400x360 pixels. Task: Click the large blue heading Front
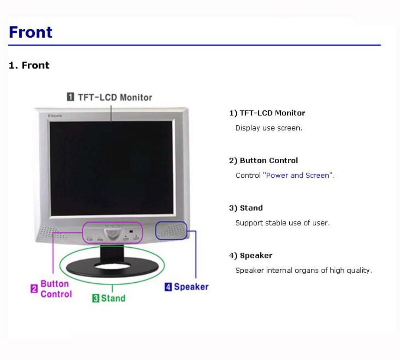point(31,32)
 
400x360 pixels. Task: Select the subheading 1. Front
point(29,65)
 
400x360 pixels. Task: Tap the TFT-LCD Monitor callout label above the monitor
point(115,97)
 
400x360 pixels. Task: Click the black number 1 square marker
point(70,97)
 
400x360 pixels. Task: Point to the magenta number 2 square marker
point(34,289)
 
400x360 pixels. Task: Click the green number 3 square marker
point(96,298)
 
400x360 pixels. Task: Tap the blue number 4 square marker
point(168,287)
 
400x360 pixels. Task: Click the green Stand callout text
point(113,298)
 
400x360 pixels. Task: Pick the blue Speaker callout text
point(191,287)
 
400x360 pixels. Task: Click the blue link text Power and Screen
point(298,175)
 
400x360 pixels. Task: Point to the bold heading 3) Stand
point(246,208)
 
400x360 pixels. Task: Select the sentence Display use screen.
point(269,128)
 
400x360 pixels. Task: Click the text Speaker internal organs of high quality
point(304,271)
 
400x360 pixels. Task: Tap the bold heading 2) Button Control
point(263,161)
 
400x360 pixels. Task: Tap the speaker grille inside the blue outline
point(171,231)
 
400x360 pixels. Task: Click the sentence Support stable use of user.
point(283,223)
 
